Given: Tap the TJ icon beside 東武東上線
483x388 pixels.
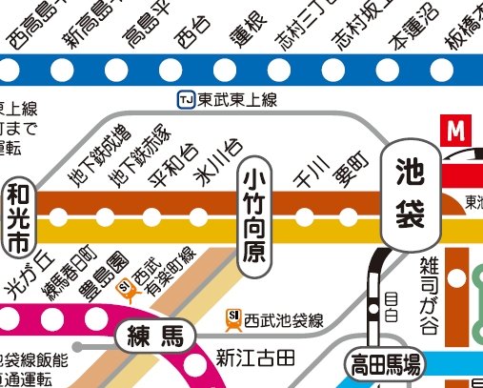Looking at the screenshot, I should pyautogui.click(x=187, y=100).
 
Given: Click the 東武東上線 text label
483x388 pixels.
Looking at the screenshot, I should pyautogui.click(x=231, y=100).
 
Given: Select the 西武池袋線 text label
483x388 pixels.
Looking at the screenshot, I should pyautogui.click(x=284, y=319).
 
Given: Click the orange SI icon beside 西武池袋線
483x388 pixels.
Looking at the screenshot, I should pyautogui.click(x=233, y=319).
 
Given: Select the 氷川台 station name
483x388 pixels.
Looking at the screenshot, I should pyautogui.click(x=216, y=162).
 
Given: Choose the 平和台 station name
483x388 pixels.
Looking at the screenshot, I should pyautogui.click(x=171, y=164).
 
